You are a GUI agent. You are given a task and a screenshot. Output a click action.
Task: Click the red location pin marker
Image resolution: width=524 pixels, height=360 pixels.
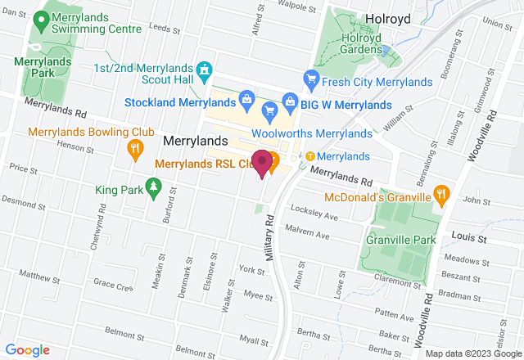pyautogui.click(x=262, y=162)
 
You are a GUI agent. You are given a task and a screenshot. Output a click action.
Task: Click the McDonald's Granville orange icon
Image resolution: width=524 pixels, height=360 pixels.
pyautogui.click(x=442, y=195)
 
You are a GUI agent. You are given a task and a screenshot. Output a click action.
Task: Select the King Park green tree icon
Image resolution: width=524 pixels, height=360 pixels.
pyautogui.click(x=152, y=190)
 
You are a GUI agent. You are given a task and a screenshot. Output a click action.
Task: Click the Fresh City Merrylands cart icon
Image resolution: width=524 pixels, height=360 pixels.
pyautogui.click(x=310, y=79)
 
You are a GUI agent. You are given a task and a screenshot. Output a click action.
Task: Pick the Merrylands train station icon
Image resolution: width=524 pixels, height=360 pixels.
pyautogui.click(x=310, y=156)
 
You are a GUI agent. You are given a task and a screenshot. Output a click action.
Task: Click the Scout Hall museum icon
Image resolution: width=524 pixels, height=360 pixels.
pyautogui.click(x=205, y=71)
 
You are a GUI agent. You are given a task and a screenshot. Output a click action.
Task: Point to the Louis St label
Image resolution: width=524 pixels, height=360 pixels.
pyautogui.click(x=469, y=238)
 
